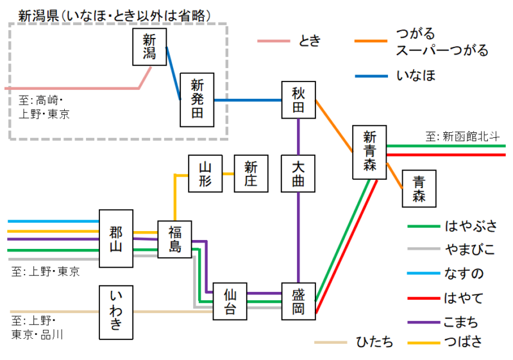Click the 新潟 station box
click(149, 47)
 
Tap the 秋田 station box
click(299, 100)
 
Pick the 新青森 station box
click(369, 152)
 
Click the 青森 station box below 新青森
click(419, 189)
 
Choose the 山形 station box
click(205, 174)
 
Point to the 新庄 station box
click(251, 174)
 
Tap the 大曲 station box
click(299, 174)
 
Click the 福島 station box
click(174, 239)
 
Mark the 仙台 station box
click(230, 302)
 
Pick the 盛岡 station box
click(299, 301)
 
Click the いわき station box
click(116, 313)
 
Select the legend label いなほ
click(416, 76)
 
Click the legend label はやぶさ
click(471, 226)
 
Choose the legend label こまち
click(461, 322)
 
